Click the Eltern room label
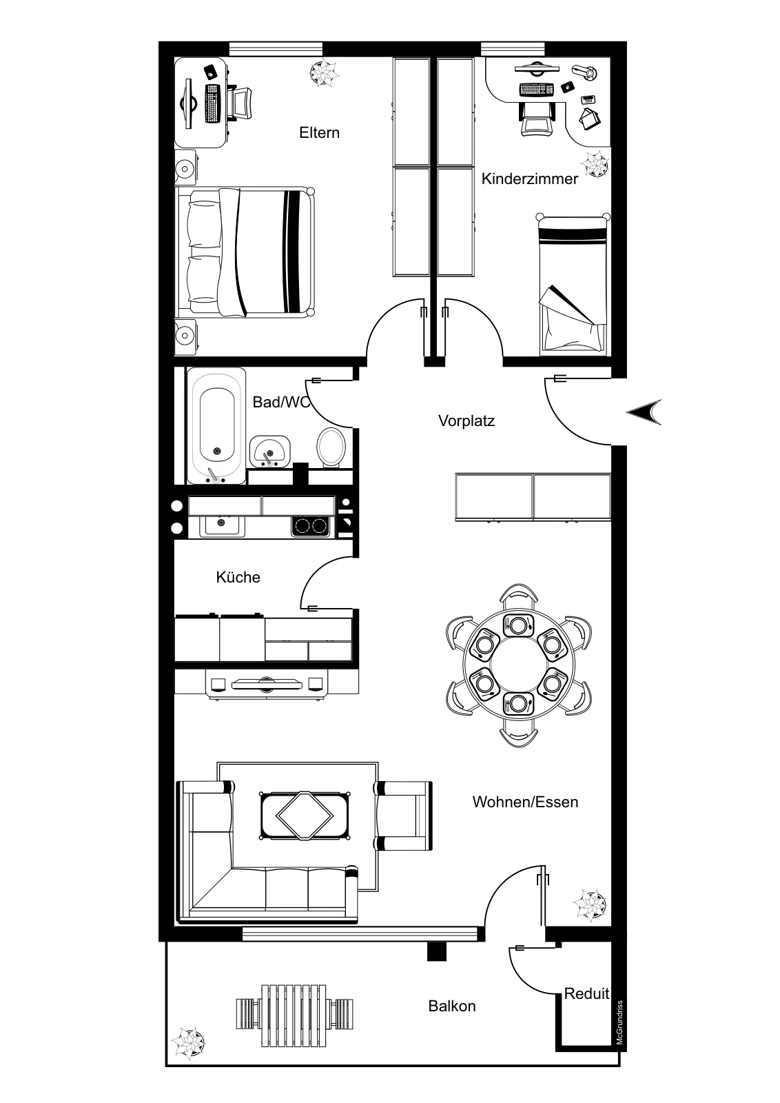pyautogui.click(x=320, y=133)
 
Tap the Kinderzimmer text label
pyautogui.click(x=529, y=179)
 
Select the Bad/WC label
pyautogui.click(x=282, y=403)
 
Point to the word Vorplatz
pyautogui.click(x=466, y=421)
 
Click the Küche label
pyautogui.click(x=238, y=577)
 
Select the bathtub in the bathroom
pyautogui.click(x=216, y=426)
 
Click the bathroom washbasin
pyautogui.click(x=269, y=451)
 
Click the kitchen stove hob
pyautogui.click(x=311, y=526)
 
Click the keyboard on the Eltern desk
pyautogui.click(x=212, y=104)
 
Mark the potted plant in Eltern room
pyautogui.click(x=323, y=73)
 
